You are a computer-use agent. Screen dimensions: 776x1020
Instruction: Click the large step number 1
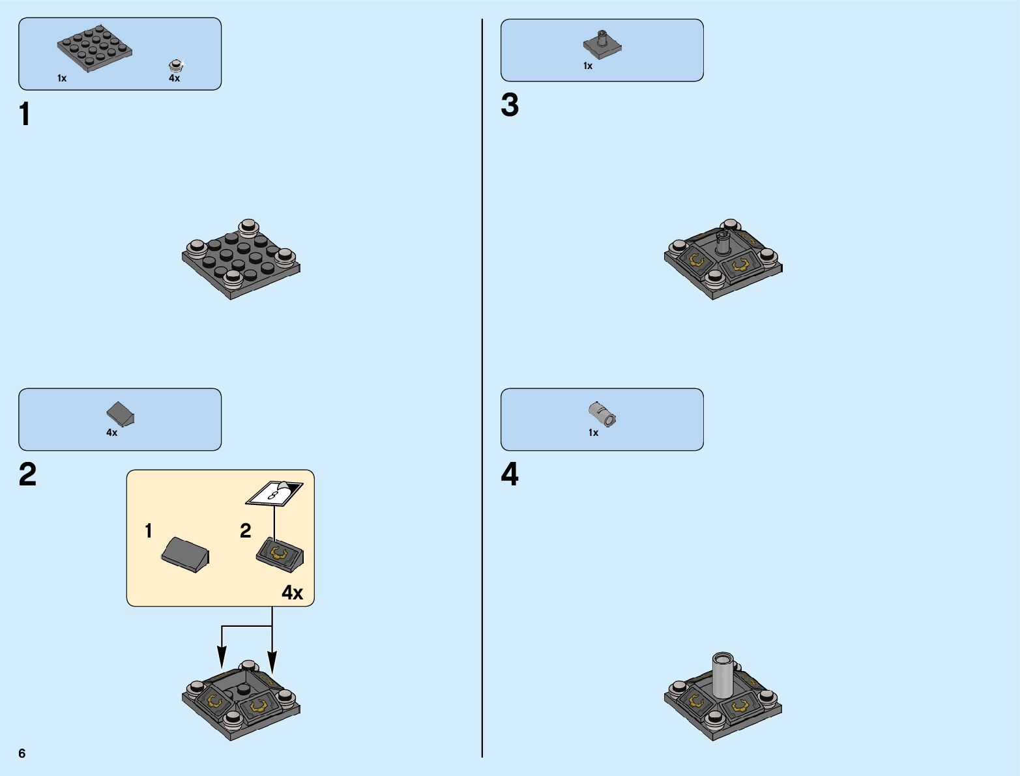[x=25, y=114]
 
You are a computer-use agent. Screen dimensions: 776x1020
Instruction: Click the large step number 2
[x=27, y=474]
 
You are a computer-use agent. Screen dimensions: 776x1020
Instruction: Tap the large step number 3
[x=510, y=105]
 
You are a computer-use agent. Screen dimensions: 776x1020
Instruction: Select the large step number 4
[x=510, y=474]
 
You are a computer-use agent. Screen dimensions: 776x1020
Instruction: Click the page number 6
[x=22, y=753]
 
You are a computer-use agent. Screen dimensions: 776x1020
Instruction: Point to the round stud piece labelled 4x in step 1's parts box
[x=175, y=65]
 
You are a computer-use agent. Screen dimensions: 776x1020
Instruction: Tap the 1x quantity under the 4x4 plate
[x=62, y=78]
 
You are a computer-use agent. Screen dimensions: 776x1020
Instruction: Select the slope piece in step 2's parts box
[x=120, y=414]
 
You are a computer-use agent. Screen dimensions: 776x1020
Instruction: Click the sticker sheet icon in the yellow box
[x=274, y=493]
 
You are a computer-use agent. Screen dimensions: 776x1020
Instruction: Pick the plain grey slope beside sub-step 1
[x=185, y=554]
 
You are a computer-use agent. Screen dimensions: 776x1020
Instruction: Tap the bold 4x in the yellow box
[x=292, y=593]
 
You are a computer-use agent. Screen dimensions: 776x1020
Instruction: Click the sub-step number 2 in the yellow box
[x=246, y=531]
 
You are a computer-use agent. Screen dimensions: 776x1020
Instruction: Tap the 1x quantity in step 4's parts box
[x=593, y=433]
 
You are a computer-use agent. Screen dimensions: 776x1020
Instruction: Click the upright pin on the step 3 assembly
[x=722, y=243]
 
